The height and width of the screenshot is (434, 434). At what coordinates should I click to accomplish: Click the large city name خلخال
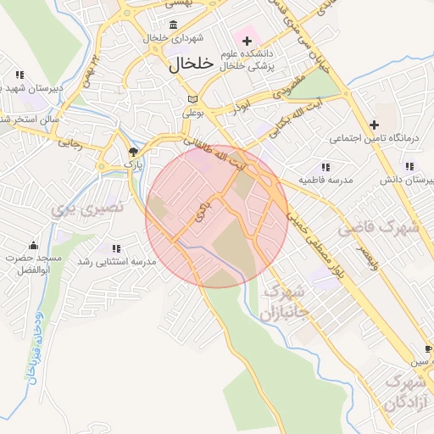(181, 64)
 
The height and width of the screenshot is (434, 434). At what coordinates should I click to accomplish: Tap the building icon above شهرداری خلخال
(174, 24)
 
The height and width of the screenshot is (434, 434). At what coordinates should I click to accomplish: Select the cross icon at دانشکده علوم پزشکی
(248, 41)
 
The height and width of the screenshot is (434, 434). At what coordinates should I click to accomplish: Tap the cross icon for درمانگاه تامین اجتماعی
(374, 124)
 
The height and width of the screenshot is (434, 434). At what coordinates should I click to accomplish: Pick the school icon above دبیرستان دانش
(409, 166)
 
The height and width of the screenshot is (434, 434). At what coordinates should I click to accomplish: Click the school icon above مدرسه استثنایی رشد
(116, 248)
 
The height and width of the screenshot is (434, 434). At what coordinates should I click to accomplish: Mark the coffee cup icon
(428, 348)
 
